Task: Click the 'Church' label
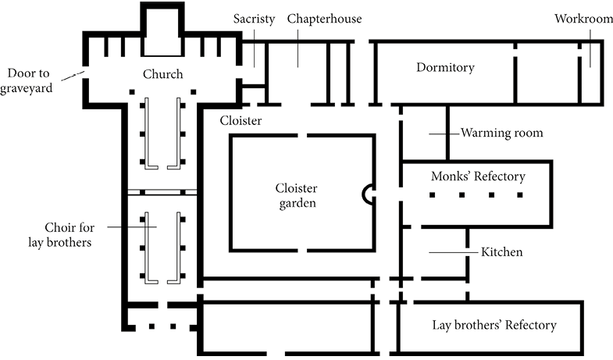(162, 75)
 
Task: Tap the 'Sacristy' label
(254, 19)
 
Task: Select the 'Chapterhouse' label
(324, 19)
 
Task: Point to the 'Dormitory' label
(445, 68)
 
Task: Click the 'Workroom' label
(583, 19)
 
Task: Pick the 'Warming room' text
(501, 133)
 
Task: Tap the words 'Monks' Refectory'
(478, 176)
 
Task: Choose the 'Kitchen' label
(502, 252)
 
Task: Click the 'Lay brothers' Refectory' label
(494, 326)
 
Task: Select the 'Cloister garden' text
(297, 196)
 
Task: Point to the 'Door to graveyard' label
(30, 81)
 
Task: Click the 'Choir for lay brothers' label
(69, 235)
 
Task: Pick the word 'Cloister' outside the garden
(240, 121)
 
